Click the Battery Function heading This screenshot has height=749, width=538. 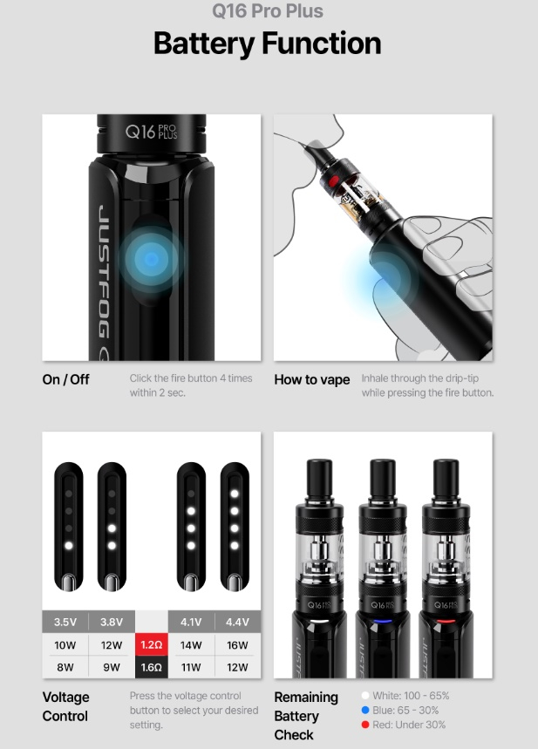(x=267, y=44)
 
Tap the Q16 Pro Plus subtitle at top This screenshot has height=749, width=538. (x=268, y=10)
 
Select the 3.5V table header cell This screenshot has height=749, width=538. (x=65, y=622)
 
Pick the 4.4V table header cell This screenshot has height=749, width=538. (x=237, y=622)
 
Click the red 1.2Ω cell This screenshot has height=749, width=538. (x=152, y=645)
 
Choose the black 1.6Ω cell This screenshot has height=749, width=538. (x=152, y=667)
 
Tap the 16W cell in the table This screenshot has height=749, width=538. (x=237, y=645)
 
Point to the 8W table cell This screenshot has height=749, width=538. (x=65, y=667)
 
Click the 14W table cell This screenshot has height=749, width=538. (x=191, y=645)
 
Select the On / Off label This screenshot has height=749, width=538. (x=66, y=379)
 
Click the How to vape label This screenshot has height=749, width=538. (x=312, y=380)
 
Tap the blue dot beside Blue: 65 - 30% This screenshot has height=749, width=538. (x=365, y=711)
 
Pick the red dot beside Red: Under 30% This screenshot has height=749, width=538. (x=365, y=725)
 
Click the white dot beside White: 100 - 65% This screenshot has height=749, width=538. (x=365, y=696)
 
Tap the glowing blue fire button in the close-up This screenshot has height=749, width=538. (x=152, y=259)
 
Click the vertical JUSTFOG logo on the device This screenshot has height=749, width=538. (x=102, y=272)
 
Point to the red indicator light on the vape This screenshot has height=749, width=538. (x=446, y=622)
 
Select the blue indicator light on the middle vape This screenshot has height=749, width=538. (x=382, y=622)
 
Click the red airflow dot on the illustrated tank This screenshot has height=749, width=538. (x=334, y=180)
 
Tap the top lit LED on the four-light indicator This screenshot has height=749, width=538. (x=235, y=494)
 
